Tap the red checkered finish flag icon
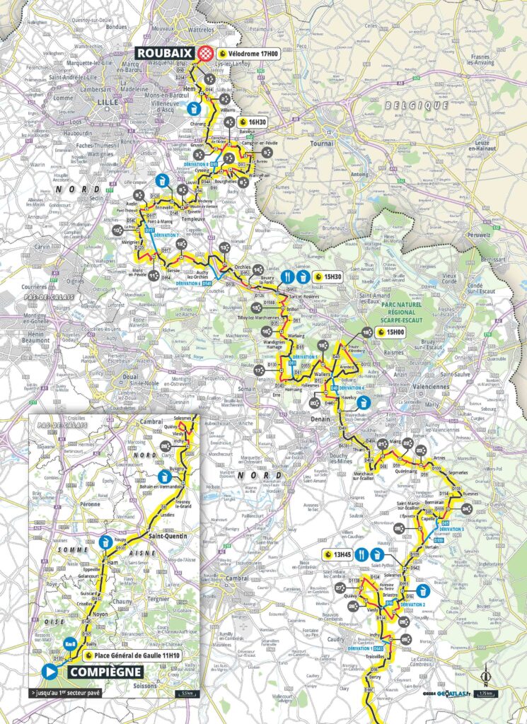[x=206, y=52]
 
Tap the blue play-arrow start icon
[x=50, y=671]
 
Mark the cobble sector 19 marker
[x=366, y=332]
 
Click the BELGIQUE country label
[x=417, y=105]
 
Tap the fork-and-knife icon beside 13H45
[x=361, y=553]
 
